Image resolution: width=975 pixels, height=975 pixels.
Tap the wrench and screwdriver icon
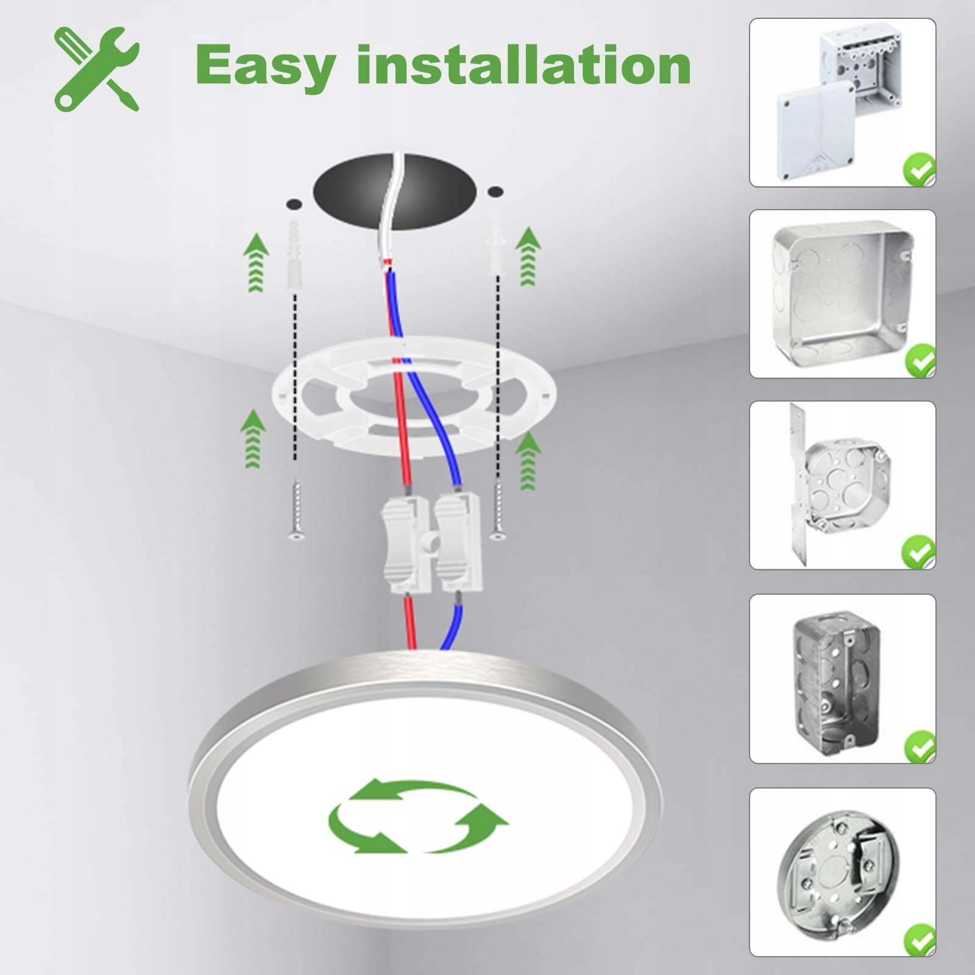pyautogui.click(x=97, y=68)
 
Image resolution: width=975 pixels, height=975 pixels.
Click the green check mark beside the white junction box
pyautogui.click(x=919, y=170)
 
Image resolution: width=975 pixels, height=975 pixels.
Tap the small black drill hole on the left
pyautogui.click(x=294, y=202)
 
